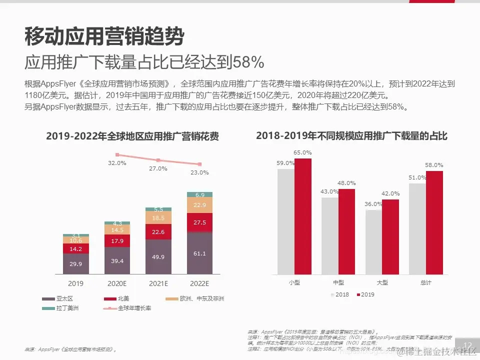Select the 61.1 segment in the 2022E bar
tap(199, 253)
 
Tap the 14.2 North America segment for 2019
tap(76, 248)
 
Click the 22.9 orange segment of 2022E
tap(199, 205)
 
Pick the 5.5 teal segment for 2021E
tap(158, 209)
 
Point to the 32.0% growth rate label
tap(117, 163)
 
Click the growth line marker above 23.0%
tap(199, 164)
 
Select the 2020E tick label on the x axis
tap(117, 283)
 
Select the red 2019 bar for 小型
tap(302, 216)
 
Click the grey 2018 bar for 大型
tap(373, 242)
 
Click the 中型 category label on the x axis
tap(338, 283)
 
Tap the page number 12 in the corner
tap(468, 346)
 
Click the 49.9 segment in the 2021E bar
tap(158, 257)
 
